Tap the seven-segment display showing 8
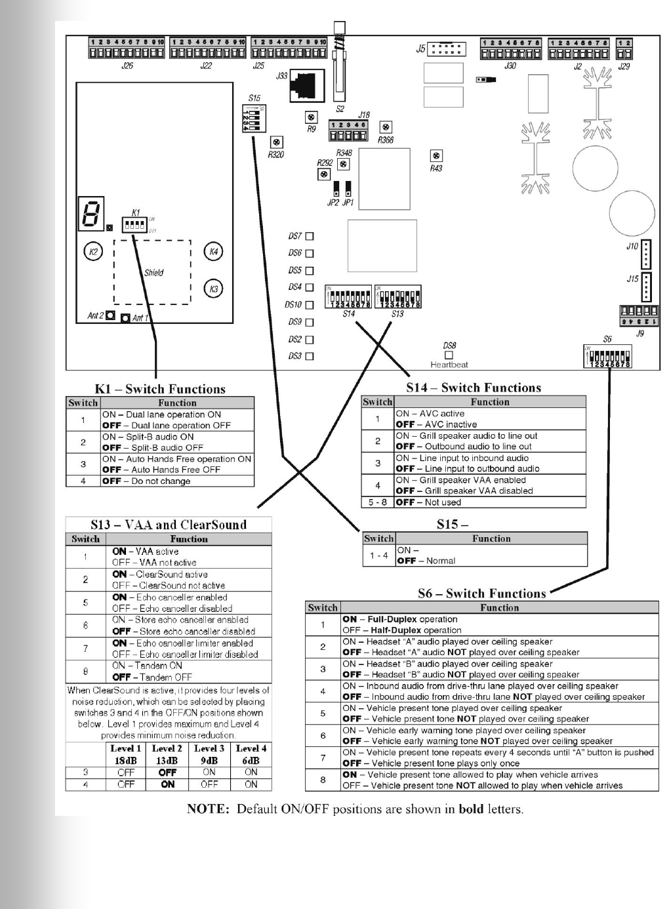pos(91,213)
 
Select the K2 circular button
pos(93,251)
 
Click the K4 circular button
pos(213,251)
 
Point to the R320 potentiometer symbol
pos(277,142)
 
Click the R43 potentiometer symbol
pos(436,156)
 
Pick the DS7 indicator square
pos(310,236)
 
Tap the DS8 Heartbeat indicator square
pos(449,355)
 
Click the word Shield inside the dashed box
pos(153,273)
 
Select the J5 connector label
pos(420,49)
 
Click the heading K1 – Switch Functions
pos(160,389)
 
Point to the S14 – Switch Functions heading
pos(474,388)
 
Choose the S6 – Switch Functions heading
pos(481,594)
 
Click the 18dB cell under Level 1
pos(126,761)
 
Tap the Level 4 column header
pos(251,748)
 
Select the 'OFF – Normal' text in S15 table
pos(426,561)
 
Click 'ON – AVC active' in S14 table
pos(430,414)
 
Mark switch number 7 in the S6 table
pos(323,758)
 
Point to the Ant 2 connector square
pos(110,315)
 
